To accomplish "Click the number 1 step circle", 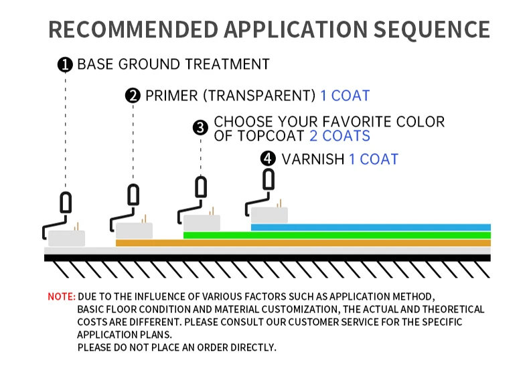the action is [x=65, y=65].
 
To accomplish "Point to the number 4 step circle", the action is [x=268, y=159].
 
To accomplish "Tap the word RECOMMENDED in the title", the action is [x=133, y=29].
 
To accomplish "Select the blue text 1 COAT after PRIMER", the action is [x=345, y=96].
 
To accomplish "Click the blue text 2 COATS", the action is [x=339, y=136].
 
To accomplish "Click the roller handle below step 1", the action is [x=66, y=201].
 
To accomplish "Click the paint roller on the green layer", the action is [x=202, y=223].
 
